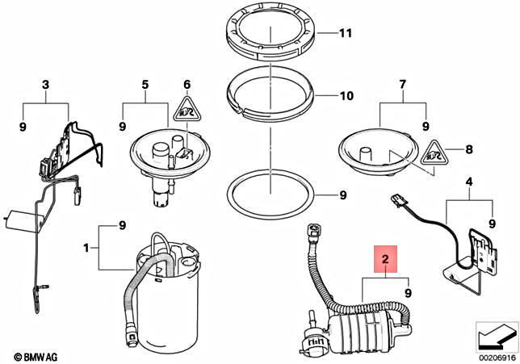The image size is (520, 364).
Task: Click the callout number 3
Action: pyautogui.click(x=45, y=84)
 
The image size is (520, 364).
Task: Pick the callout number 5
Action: pyautogui.click(x=145, y=84)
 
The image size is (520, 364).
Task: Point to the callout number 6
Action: pyautogui.click(x=187, y=84)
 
